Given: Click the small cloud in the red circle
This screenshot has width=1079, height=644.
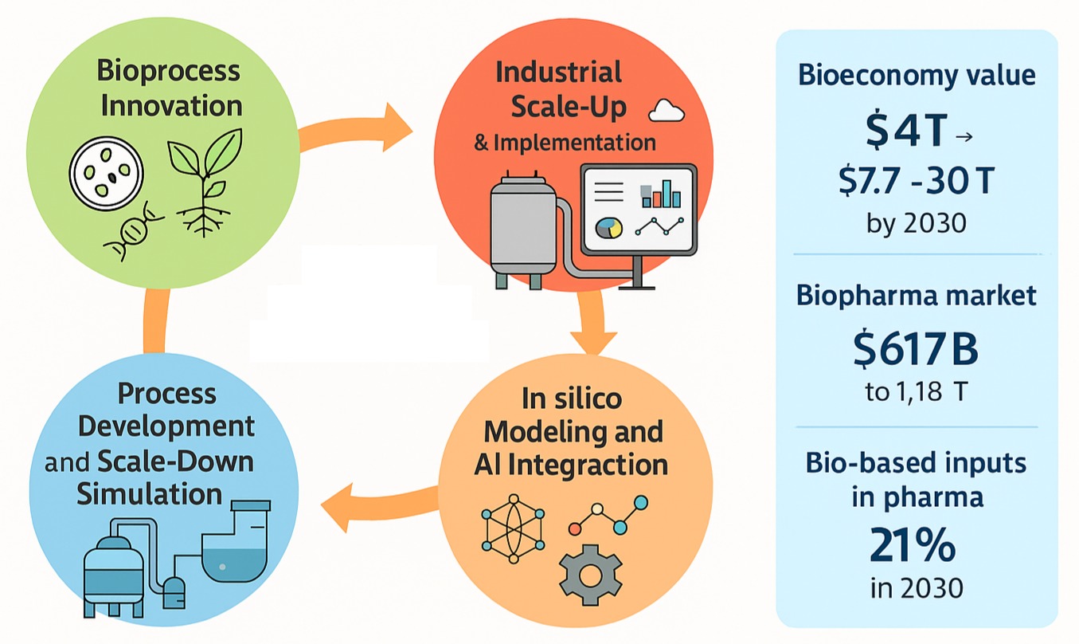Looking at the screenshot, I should point(667,112).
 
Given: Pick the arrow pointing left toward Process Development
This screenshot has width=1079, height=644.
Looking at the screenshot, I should point(374,502).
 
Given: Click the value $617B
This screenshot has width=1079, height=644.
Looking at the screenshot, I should point(916,350).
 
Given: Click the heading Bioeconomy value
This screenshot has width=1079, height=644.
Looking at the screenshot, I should point(916,75).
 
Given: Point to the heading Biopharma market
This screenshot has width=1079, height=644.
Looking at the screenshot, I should point(916,296).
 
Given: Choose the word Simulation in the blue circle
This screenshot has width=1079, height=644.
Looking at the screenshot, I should point(149,493).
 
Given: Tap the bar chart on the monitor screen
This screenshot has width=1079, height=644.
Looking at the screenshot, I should point(660,192).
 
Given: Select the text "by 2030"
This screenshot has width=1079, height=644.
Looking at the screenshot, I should point(916,222).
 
